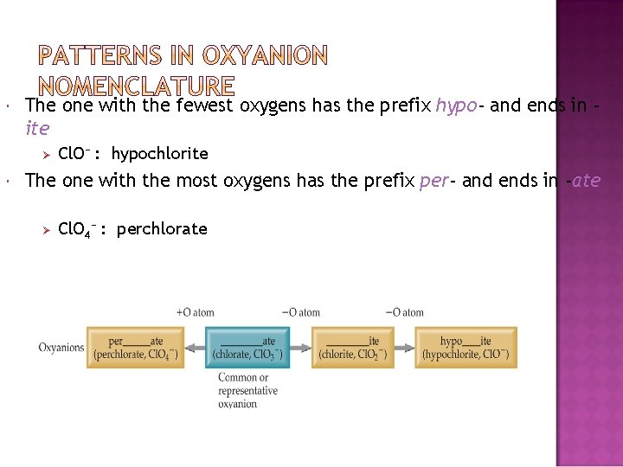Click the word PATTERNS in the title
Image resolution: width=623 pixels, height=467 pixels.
tap(100, 57)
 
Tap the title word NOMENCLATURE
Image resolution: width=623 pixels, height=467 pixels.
tap(137, 86)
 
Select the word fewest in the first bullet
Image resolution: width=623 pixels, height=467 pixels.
tap(205, 106)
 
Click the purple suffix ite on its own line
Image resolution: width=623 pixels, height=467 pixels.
tap(38, 128)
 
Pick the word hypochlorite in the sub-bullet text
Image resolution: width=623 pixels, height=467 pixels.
tap(160, 154)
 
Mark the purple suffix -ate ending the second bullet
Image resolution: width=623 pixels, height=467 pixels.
tap(582, 181)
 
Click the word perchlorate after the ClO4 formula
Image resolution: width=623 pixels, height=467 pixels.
tap(162, 229)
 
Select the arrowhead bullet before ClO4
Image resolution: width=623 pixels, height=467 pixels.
tap(48, 229)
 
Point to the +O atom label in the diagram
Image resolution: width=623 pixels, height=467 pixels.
tap(195, 312)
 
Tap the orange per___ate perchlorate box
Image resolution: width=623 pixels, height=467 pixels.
tap(135, 348)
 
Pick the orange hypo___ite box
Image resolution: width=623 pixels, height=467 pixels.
tap(466, 348)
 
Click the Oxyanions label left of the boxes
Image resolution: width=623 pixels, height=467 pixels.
tap(61, 348)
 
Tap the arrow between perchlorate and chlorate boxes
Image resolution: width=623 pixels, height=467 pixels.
tap(195, 348)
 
